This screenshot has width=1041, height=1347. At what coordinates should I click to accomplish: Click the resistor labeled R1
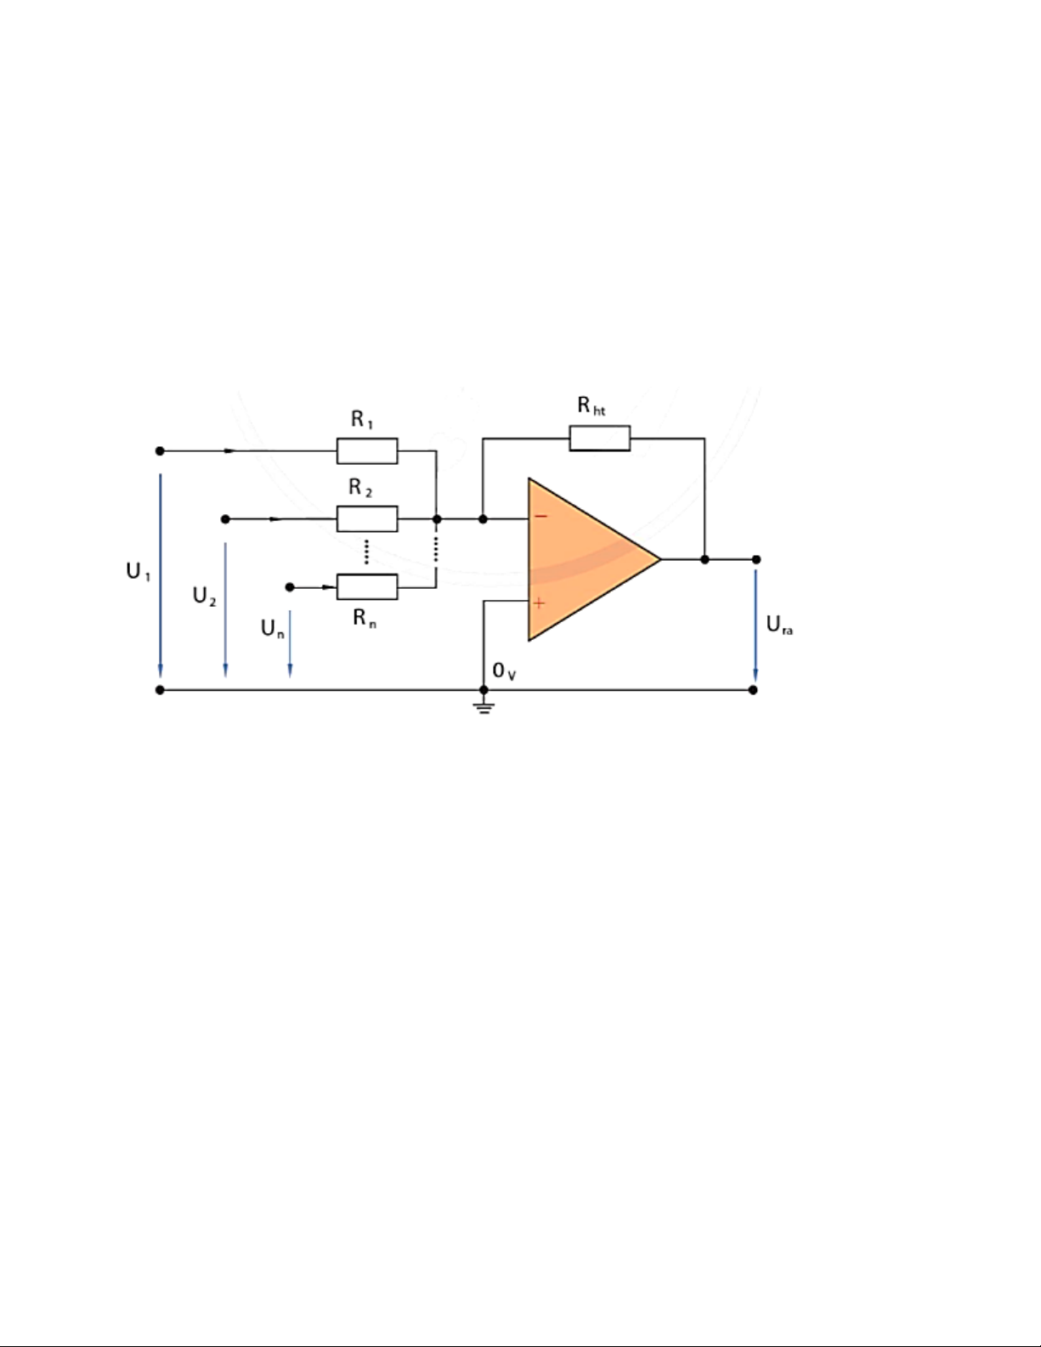pos(367,450)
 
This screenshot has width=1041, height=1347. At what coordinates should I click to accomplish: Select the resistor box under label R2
pos(367,519)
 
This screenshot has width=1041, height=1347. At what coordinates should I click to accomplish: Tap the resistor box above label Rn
pos(367,587)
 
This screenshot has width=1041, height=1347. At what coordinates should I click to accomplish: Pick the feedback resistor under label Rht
pos(600,439)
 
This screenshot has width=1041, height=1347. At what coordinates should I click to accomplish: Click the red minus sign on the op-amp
pos(541,516)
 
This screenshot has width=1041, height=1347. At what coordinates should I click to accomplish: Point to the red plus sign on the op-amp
pos(539,603)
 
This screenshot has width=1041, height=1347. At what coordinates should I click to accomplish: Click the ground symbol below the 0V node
pos(484,707)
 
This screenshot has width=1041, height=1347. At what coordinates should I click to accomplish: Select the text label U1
pos(139,571)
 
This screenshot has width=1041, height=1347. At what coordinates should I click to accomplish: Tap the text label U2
pos(205,596)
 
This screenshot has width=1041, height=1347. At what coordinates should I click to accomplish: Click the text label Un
pos(273,629)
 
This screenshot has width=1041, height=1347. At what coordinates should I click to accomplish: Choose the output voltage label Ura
pos(779,625)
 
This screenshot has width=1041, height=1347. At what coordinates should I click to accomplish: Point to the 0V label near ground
pos(504,671)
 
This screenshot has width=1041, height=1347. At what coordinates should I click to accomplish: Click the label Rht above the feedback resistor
pos(591,405)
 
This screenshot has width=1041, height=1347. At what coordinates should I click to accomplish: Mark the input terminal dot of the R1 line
pos(160,450)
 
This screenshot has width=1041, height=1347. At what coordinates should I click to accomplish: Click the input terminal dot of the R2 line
pos(225,519)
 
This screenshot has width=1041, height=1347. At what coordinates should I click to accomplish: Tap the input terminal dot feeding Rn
pos(290,587)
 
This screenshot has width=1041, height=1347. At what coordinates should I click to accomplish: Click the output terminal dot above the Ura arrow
pos(756,559)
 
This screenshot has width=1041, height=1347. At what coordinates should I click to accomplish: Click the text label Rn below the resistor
pos(365,618)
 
